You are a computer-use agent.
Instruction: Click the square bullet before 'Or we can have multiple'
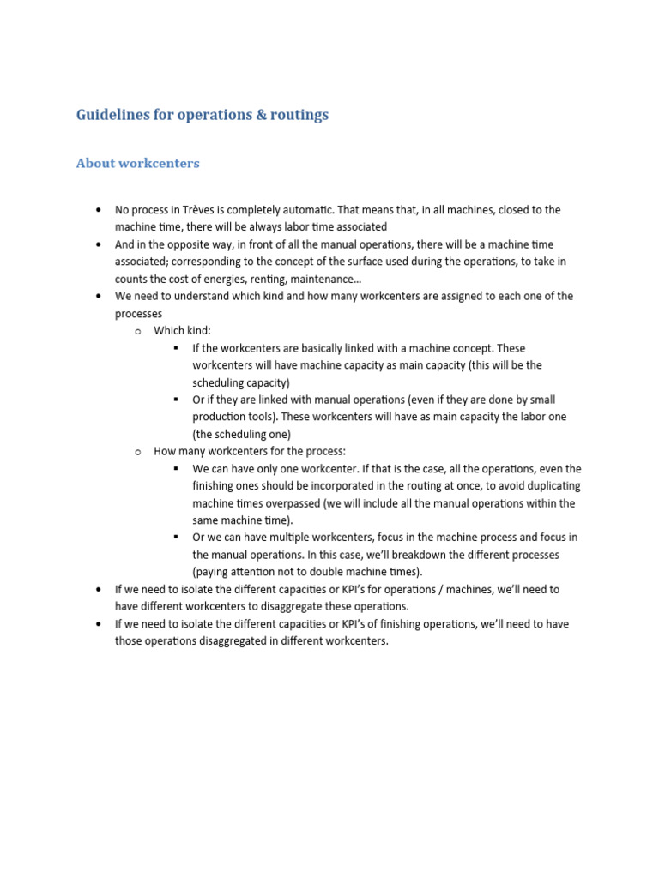(175, 538)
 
